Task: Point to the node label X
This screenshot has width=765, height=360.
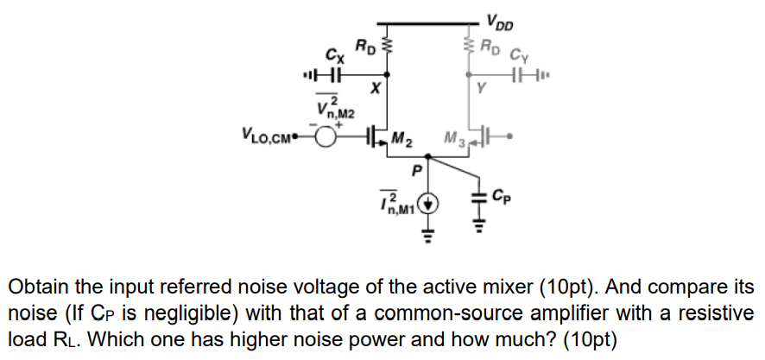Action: [x=373, y=89]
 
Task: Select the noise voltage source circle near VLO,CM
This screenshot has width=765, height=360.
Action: [x=326, y=136]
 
